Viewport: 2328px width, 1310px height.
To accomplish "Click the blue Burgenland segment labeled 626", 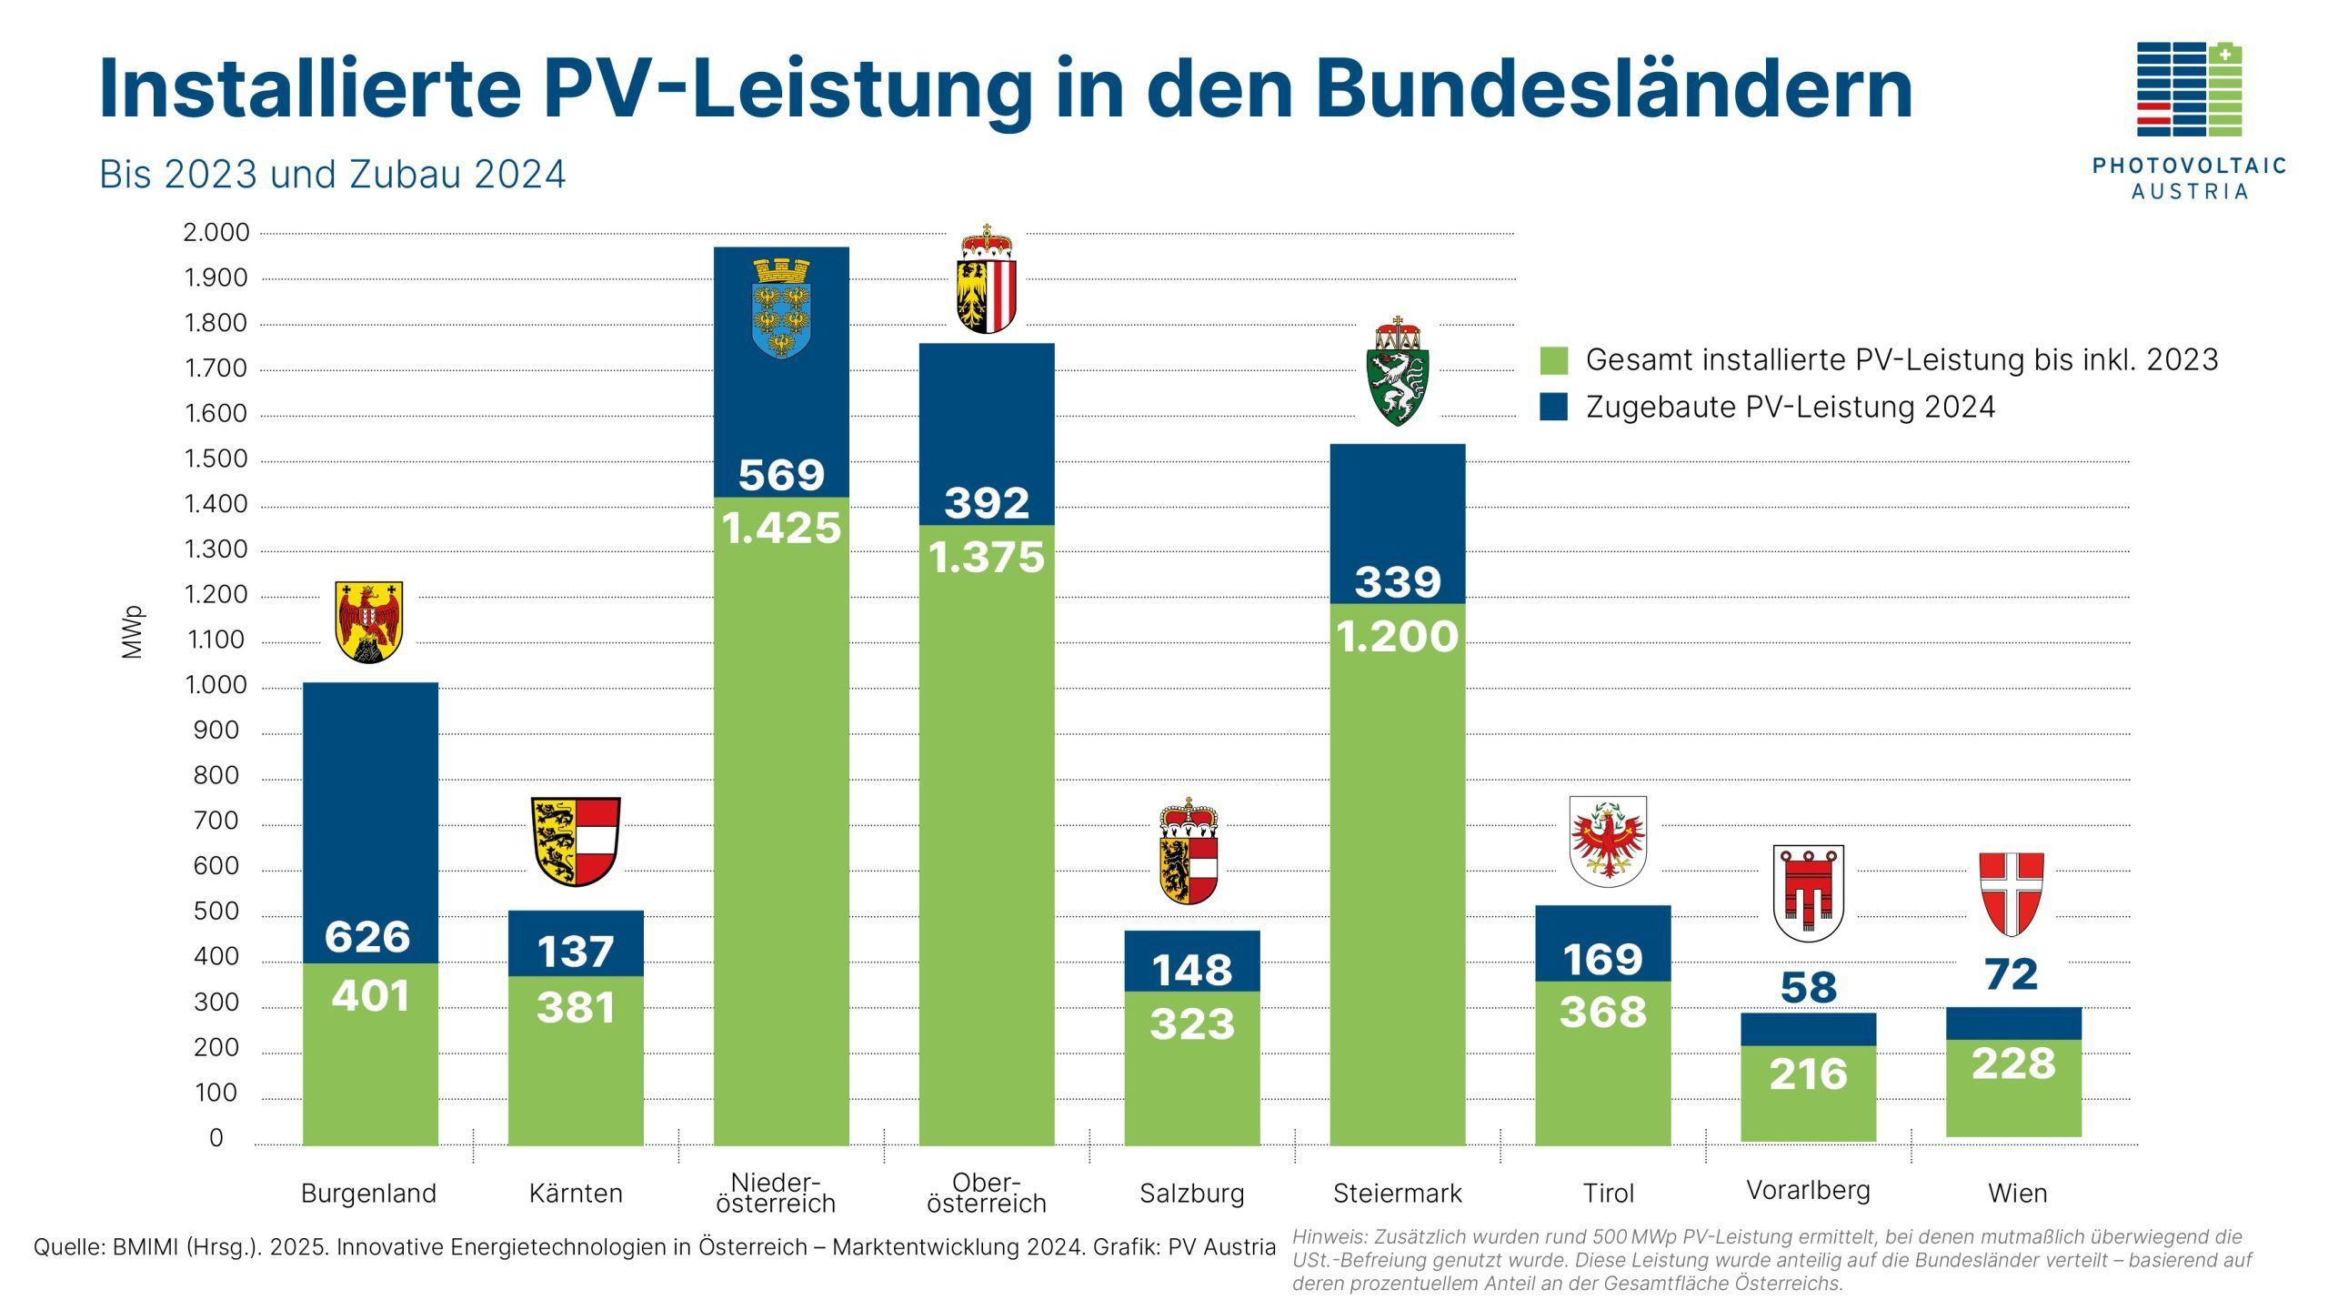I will click(369, 819).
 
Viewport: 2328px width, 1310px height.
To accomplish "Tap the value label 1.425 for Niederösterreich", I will click(781, 529).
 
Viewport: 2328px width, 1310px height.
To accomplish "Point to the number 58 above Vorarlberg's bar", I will click(1808, 988).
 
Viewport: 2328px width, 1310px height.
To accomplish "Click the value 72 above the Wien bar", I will click(2012, 975).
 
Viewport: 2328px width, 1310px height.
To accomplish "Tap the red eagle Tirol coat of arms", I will click(1608, 841).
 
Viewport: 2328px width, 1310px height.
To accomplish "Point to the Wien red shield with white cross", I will click(2012, 893).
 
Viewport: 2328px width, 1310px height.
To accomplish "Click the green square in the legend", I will click(1554, 360).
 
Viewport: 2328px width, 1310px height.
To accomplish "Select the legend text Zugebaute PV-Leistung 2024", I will click(1790, 407).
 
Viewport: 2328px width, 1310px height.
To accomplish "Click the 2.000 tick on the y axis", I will click(216, 233).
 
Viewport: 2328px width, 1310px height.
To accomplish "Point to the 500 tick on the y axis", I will click(216, 912).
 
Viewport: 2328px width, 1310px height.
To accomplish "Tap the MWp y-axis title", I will click(133, 632).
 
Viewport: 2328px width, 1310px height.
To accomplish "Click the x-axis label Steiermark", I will click(1398, 1194).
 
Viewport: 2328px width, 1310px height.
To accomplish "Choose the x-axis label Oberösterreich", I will click(987, 1194).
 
